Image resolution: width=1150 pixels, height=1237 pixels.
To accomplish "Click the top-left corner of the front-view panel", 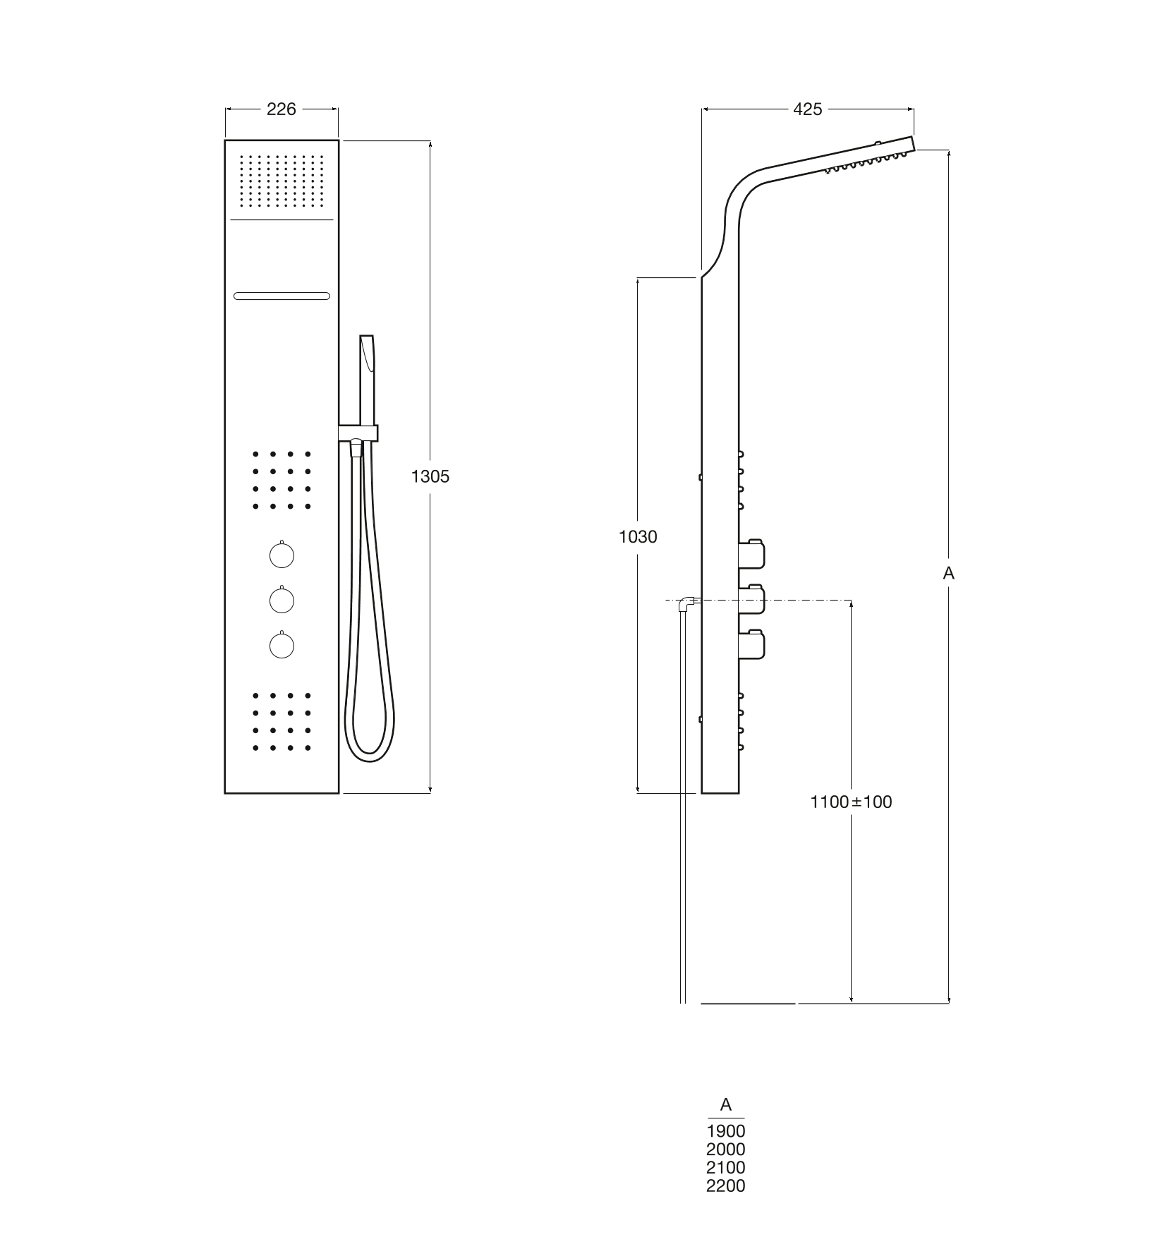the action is click(x=225, y=140).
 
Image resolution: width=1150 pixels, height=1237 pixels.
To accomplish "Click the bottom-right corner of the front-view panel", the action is click(x=339, y=793).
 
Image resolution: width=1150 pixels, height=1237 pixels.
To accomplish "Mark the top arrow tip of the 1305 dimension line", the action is click(x=430, y=141).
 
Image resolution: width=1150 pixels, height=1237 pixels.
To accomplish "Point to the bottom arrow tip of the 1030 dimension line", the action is click(x=638, y=793).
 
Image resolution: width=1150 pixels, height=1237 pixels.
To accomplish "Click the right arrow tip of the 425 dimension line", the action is click(x=914, y=109).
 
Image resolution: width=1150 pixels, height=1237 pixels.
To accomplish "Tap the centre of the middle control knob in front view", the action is click(x=282, y=601).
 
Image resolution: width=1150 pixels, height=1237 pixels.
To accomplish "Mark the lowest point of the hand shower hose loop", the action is click(x=370, y=761).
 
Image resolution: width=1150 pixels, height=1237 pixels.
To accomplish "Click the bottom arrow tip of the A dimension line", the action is click(x=949, y=1003).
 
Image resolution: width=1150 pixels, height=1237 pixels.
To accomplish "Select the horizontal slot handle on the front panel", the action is click(x=282, y=296).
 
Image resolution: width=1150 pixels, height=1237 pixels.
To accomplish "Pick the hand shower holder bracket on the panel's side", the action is click(x=358, y=433).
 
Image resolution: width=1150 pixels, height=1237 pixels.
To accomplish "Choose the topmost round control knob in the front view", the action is click(x=282, y=555).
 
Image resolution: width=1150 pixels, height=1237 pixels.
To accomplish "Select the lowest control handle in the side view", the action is click(x=752, y=645).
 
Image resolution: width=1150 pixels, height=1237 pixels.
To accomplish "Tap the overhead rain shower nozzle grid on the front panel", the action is click(x=282, y=181).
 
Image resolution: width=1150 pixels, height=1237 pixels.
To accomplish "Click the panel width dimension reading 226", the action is click(x=282, y=109).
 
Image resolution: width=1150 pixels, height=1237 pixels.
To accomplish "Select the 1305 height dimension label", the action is click(x=430, y=476).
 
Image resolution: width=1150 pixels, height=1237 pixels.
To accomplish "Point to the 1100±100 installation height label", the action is click(x=852, y=802).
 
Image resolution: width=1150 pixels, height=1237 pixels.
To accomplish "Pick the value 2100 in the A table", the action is click(x=726, y=1167).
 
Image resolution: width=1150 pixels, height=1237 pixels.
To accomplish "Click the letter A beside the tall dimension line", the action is click(x=949, y=574).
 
